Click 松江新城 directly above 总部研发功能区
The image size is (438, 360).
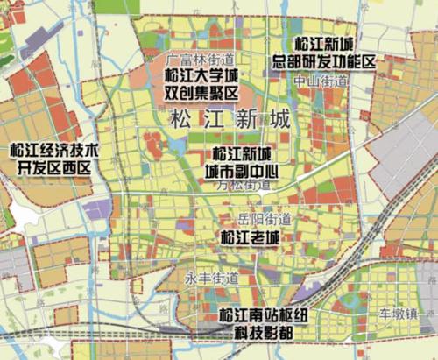(323, 44)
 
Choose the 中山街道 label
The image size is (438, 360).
(321, 81)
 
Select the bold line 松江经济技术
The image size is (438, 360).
(52, 152)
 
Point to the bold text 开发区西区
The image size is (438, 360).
(54, 168)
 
